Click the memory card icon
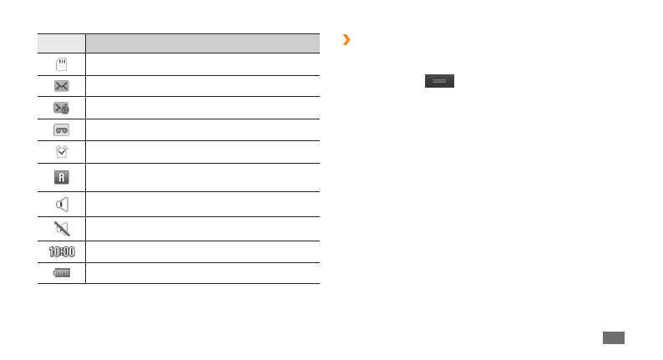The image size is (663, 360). (61, 65)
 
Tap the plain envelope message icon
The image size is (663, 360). (61, 86)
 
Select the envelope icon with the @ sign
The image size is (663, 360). (61, 108)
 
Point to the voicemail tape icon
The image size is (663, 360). (61, 129)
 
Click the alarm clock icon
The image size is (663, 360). (61, 151)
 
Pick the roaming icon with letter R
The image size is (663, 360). (61, 177)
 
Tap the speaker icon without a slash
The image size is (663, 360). (61, 204)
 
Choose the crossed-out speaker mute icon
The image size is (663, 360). (61, 229)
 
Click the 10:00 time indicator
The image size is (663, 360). (61, 251)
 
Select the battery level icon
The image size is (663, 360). (61, 273)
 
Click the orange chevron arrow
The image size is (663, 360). (346, 39)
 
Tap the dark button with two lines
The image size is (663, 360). (439, 81)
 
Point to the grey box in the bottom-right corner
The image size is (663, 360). (613, 337)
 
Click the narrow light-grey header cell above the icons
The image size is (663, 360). (61, 43)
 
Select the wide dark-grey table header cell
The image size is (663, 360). (202, 43)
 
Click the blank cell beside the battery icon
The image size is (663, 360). (202, 273)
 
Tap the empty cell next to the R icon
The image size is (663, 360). (202, 177)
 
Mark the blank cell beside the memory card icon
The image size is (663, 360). (202, 65)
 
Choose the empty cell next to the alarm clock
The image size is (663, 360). (202, 151)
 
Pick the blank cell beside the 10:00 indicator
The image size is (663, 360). (202, 251)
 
